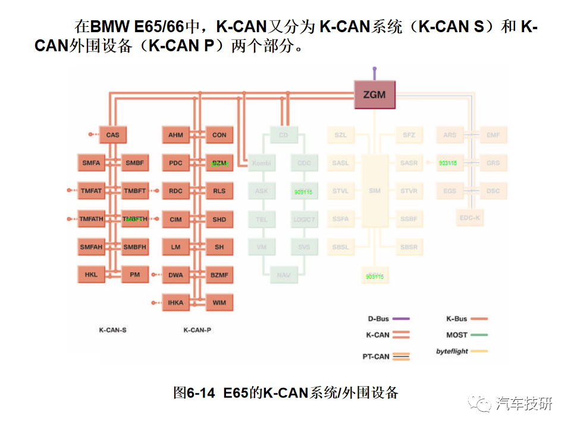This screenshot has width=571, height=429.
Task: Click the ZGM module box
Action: click(374, 95)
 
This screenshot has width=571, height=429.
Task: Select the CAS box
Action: click(113, 135)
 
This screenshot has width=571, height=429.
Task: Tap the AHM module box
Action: click(175, 135)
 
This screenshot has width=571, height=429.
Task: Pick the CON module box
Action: click(219, 135)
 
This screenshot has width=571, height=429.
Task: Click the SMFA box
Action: click(92, 163)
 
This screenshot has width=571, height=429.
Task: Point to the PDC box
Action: click(175, 163)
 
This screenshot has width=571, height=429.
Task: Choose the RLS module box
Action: click(219, 191)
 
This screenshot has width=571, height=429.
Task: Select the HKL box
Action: click(92, 275)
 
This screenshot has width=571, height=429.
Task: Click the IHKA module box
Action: click(175, 303)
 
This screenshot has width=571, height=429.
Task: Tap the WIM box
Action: click(219, 303)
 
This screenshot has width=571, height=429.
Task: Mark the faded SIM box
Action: click(375, 191)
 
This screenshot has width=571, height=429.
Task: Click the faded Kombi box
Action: click(262, 163)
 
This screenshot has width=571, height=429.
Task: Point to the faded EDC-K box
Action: click(469, 218)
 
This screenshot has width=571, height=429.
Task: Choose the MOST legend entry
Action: click(467, 335)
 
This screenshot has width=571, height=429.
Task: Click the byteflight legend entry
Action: click(462, 352)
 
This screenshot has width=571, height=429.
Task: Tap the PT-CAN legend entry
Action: click(386, 356)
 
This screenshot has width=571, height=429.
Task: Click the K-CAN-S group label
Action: click(112, 329)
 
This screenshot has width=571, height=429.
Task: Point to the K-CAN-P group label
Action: click(197, 329)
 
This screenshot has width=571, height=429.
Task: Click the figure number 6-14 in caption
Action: click(200, 393)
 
